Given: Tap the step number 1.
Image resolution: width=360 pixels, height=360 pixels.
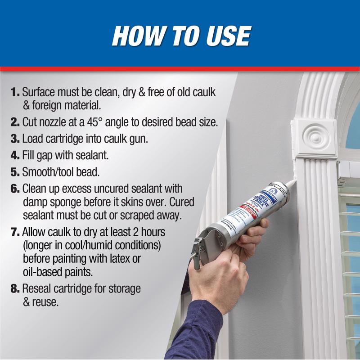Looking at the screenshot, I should click(15, 93).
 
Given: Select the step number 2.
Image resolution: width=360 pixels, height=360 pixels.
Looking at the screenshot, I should click(15, 122).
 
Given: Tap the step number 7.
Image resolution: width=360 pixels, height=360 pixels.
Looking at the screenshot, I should click(15, 233).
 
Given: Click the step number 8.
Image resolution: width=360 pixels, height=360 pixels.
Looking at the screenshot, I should click(15, 288).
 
